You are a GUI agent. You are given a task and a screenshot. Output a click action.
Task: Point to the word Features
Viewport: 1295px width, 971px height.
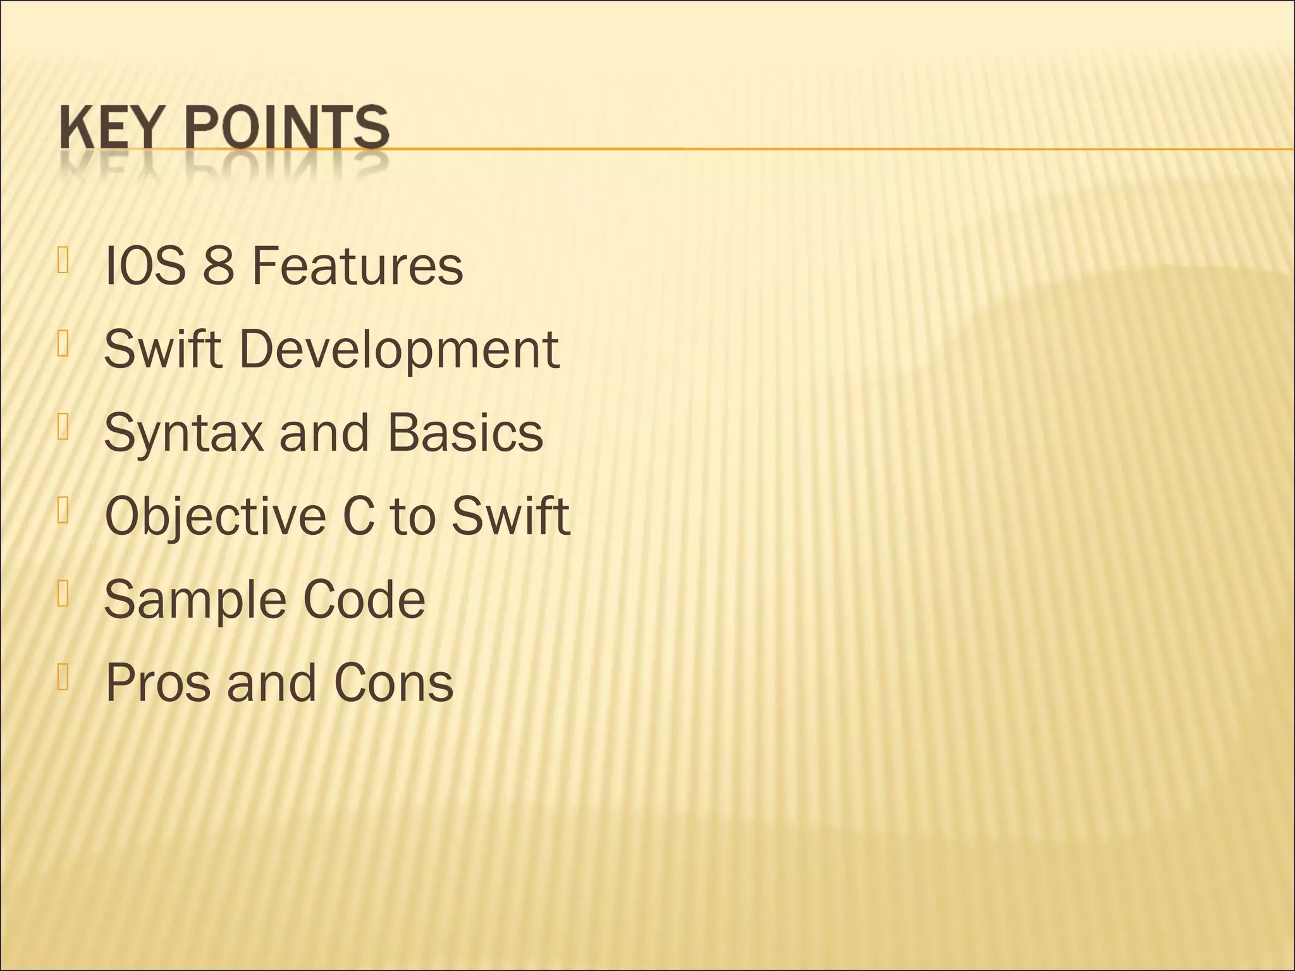pyautogui.click(x=357, y=266)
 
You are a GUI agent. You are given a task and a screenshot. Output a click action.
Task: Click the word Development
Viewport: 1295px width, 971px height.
pyautogui.click(x=399, y=350)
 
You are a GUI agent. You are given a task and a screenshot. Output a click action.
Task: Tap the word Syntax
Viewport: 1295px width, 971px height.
pyautogui.click(x=183, y=434)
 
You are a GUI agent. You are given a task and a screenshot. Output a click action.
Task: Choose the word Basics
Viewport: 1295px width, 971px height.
pyautogui.click(x=465, y=433)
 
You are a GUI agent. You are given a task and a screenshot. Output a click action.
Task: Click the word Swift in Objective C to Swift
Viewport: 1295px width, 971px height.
pyautogui.click(x=510, y=516)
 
